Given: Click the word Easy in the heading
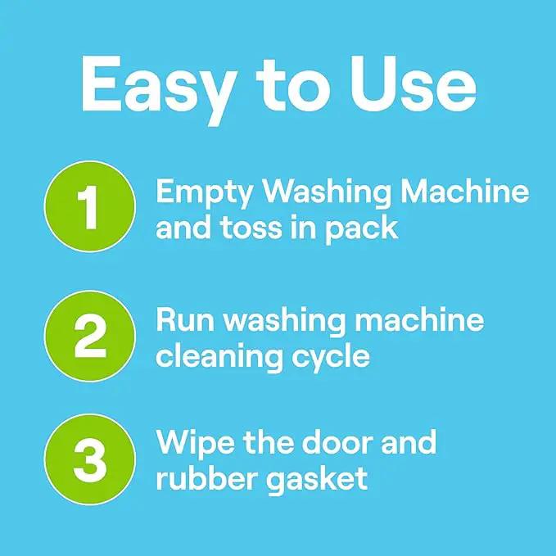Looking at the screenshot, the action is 159,88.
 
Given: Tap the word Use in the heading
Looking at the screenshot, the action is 414,84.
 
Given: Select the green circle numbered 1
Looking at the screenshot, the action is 90,206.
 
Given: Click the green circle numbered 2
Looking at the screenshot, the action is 90,337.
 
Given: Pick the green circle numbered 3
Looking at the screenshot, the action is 90,459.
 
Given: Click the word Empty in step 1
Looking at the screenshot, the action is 204,194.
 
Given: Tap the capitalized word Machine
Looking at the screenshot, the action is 465,191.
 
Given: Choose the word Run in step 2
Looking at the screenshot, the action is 185,320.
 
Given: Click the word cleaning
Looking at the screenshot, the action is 219,357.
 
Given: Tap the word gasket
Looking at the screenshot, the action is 317,481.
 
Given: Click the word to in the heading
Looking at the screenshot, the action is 294,85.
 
